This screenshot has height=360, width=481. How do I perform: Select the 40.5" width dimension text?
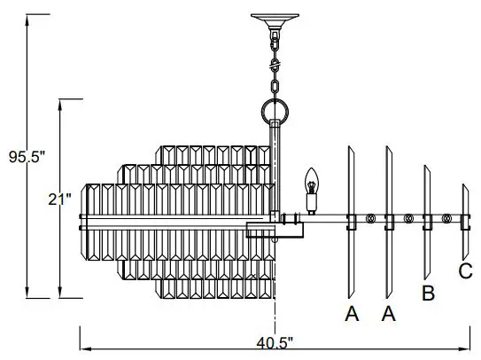click(x=276, y=340)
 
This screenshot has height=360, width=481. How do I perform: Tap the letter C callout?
click(x=465, y=270)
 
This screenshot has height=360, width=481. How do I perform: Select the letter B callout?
click(x=428, y=293)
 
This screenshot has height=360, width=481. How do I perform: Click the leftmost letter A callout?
click(x=352, y=313)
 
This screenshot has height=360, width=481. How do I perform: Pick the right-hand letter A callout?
click(x=388, y=313)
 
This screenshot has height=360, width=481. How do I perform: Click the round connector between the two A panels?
click(x=370, y=218)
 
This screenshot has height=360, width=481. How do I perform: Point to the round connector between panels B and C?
click(x=446, y=218)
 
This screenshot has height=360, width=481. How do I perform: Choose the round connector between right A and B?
click(x=408, y=218)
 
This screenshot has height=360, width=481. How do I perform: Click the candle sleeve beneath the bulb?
click(x=311, y=203)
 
